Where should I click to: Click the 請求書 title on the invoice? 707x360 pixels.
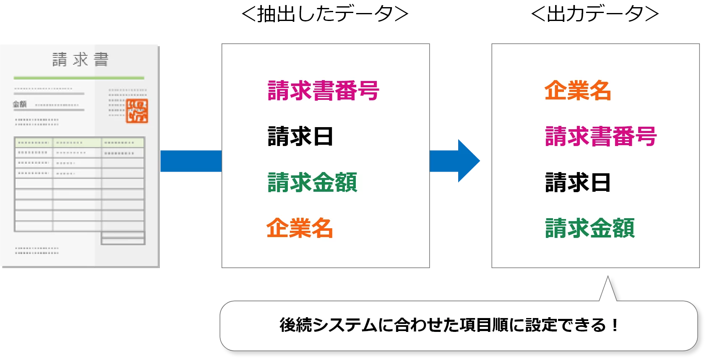(x=80, y=60)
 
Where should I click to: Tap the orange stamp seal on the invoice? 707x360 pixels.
(x=137, y=111)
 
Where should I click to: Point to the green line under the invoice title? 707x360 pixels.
(x=79, y=78)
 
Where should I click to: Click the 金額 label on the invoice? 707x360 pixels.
(x=20, y=104)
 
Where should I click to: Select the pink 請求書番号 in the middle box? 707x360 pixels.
(x=323, y=91)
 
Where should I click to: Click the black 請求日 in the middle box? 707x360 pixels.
(x=300, y=137)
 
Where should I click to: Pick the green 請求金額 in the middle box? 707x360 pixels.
(x=312, y=183)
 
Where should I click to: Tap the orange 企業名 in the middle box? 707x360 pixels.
(x=300, y=228)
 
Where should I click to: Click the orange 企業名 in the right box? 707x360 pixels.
(x=577, y=91)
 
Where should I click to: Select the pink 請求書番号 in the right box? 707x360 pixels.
(x=600, y=137)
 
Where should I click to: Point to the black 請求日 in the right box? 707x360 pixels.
(x=577, y=183)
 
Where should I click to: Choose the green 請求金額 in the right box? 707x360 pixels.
(x=590, y=228)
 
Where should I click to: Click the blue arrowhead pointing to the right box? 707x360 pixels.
(x=468, y=161)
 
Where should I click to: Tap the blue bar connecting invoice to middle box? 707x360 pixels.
(x=191, y=161)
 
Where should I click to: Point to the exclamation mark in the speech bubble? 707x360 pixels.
(x=615, y=325)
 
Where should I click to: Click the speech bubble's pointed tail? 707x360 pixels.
(x=608, y=290)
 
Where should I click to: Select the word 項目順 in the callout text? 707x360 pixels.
(x=484, y=325)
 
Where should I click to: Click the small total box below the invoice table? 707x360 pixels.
(x=123, y=238)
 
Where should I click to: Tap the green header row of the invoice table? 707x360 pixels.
(x=79, y=143)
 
